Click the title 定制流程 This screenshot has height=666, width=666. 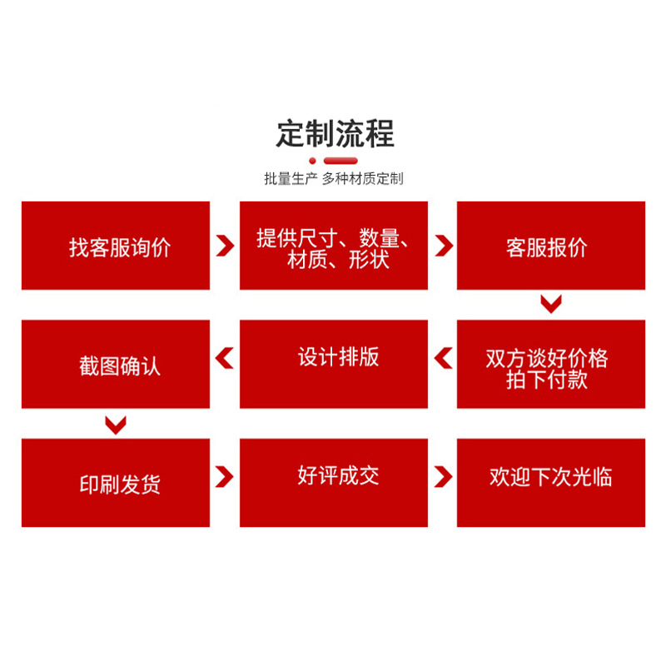(335, 133)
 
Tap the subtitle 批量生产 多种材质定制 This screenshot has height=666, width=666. (333, 178)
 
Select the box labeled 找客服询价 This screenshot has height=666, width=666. (116, 246)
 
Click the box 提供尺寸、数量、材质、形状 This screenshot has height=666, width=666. (334, 246)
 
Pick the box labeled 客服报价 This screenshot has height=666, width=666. (551, 246)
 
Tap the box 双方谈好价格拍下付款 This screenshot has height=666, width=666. (551, 365)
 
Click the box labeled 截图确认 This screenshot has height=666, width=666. (116, 365)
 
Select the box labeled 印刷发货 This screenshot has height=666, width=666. (116, 483)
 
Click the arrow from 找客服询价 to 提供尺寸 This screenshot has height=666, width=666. (225, 246)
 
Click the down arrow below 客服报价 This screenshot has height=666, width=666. (550, 304)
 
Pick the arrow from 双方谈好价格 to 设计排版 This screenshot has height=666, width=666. (443, 359)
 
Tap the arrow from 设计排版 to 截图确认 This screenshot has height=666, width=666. (225, 359)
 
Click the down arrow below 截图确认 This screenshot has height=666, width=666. (116, 425)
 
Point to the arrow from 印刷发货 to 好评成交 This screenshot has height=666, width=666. (225, 477)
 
